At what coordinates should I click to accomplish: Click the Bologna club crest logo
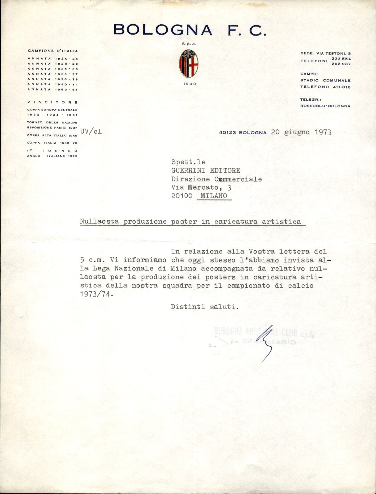click(189, 64)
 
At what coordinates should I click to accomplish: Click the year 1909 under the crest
click(189, 84)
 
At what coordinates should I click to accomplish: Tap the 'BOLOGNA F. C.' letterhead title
click(190, 30)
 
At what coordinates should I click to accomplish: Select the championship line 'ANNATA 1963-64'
click(52, 90)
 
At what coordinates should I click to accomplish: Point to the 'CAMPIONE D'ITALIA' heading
click(53, 51)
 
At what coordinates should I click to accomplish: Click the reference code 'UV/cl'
click(91, 131)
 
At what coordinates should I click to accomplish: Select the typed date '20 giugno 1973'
click(301, 132)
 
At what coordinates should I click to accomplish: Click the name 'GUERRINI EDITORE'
click(206, 170)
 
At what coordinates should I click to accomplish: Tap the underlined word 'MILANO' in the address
click(214, 196)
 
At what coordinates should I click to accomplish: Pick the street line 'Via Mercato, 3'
click(201, 187)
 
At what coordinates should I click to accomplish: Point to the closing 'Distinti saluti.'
click(205, 307)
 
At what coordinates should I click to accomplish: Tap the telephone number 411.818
click(342, 87)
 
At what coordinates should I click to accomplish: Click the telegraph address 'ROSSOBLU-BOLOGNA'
click(325, 106)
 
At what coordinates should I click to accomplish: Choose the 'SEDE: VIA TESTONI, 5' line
click(325, 53)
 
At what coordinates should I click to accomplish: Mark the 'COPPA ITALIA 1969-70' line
click(52, 143)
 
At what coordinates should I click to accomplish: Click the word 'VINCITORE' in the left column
click(52, 102)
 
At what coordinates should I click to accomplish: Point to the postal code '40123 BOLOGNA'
click(243, 132)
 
